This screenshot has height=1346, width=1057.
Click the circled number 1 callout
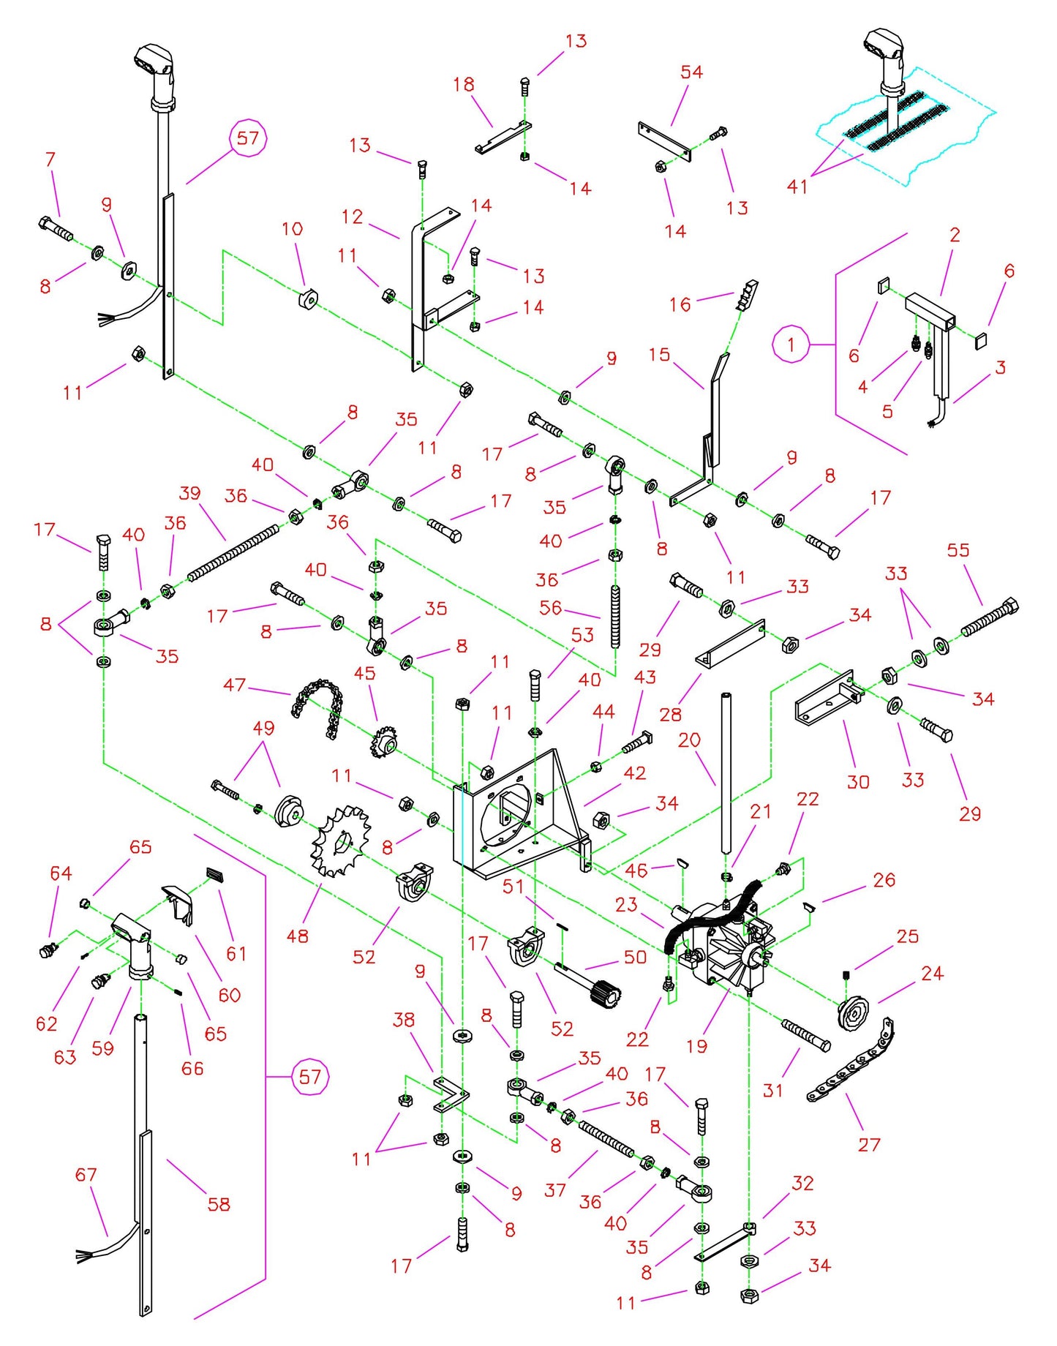791,344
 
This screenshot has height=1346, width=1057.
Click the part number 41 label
797,187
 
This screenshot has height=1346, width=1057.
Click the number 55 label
958,550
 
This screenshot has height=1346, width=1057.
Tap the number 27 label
868,1145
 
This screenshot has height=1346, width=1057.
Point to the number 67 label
86,1175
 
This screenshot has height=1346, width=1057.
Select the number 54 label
691,72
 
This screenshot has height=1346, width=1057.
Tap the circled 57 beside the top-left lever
248,138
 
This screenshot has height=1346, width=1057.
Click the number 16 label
680,304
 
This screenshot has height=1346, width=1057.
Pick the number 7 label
50,159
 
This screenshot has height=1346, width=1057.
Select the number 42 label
634,773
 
